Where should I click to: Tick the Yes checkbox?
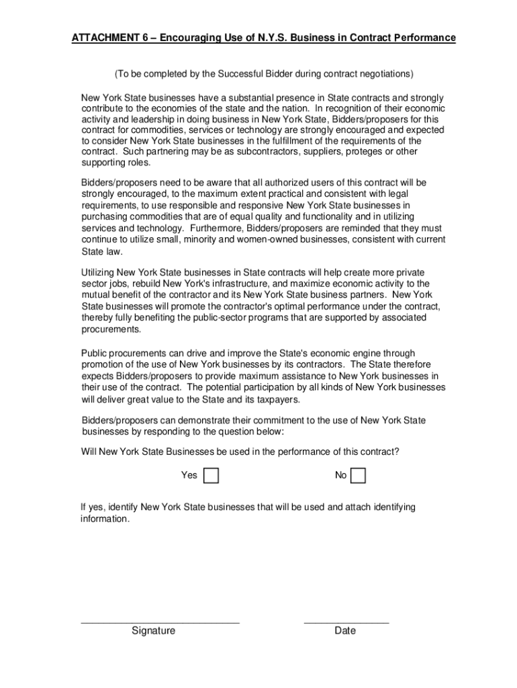pyautogui.click(x=211, y=476)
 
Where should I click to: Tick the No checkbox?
pyautogui.click(x=359, y=476)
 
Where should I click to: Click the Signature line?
pyautogui.click(x=160, y=622)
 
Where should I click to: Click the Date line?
pyautogui.click(x=346, y=622)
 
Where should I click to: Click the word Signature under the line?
pyautogui.click(x=153, y=631)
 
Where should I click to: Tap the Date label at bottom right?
pyautogui.click(x=345, y=631)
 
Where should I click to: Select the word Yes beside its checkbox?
pyautogui.click(x=189, y=476)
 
